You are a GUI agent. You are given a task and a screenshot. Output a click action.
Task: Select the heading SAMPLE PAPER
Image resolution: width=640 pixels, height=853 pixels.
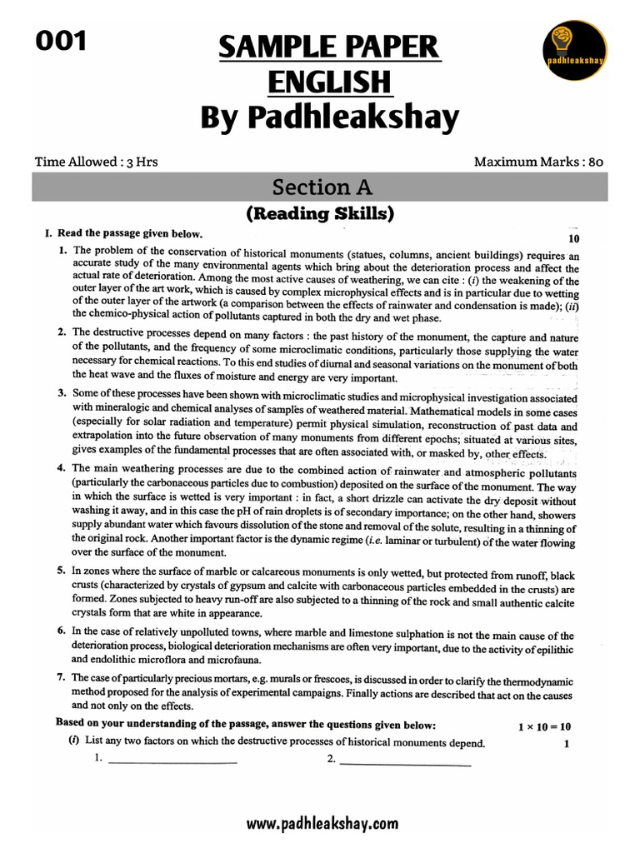pyautogui.click(x=329, y=47)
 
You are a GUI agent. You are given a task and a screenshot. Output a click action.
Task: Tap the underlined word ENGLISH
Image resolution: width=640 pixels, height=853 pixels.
pyautogui.click(x=329, y=82)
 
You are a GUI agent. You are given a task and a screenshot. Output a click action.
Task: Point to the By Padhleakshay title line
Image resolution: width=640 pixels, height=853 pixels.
pyautogui.click(x=329, y=118)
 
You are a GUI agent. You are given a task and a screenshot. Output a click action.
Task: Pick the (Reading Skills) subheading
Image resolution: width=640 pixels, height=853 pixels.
pyautogui.click(x=319, y=214)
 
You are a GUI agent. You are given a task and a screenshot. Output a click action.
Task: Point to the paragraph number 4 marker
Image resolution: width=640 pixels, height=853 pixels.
pyautogui.click(x=62, y=468)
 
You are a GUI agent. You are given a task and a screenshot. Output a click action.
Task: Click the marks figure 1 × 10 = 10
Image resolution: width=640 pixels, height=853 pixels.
pyautogui.click(x=543, y=726)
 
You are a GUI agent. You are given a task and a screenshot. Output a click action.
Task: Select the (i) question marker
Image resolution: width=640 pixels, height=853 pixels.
pyautogui.click(x=73, y=742)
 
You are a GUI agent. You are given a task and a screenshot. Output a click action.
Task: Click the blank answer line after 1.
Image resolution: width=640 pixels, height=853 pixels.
pyautogui.click(x=172, y=761)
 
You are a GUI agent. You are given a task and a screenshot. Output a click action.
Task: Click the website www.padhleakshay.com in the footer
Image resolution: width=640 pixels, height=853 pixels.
pyautogui.click(x=322, y=824)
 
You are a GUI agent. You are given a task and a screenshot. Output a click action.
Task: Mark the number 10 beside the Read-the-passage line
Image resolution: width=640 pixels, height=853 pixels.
pyautogui.click(x=572, y=238)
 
